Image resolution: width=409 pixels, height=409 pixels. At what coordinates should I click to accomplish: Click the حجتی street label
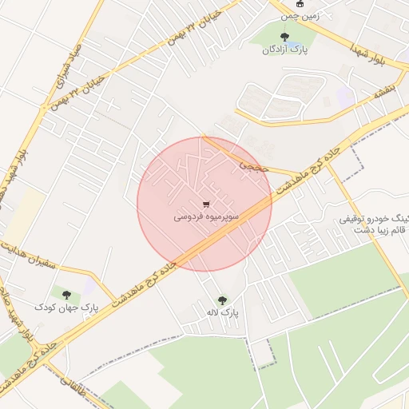click(x=253, y=166)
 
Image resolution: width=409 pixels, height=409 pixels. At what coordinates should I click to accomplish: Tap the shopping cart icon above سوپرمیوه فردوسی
click(x=206, y=204)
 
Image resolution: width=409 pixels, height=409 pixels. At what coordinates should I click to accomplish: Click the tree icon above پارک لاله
click(x=222, y=300)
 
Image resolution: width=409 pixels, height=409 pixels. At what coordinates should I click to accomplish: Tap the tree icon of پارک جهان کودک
click(x=66, y=294)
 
